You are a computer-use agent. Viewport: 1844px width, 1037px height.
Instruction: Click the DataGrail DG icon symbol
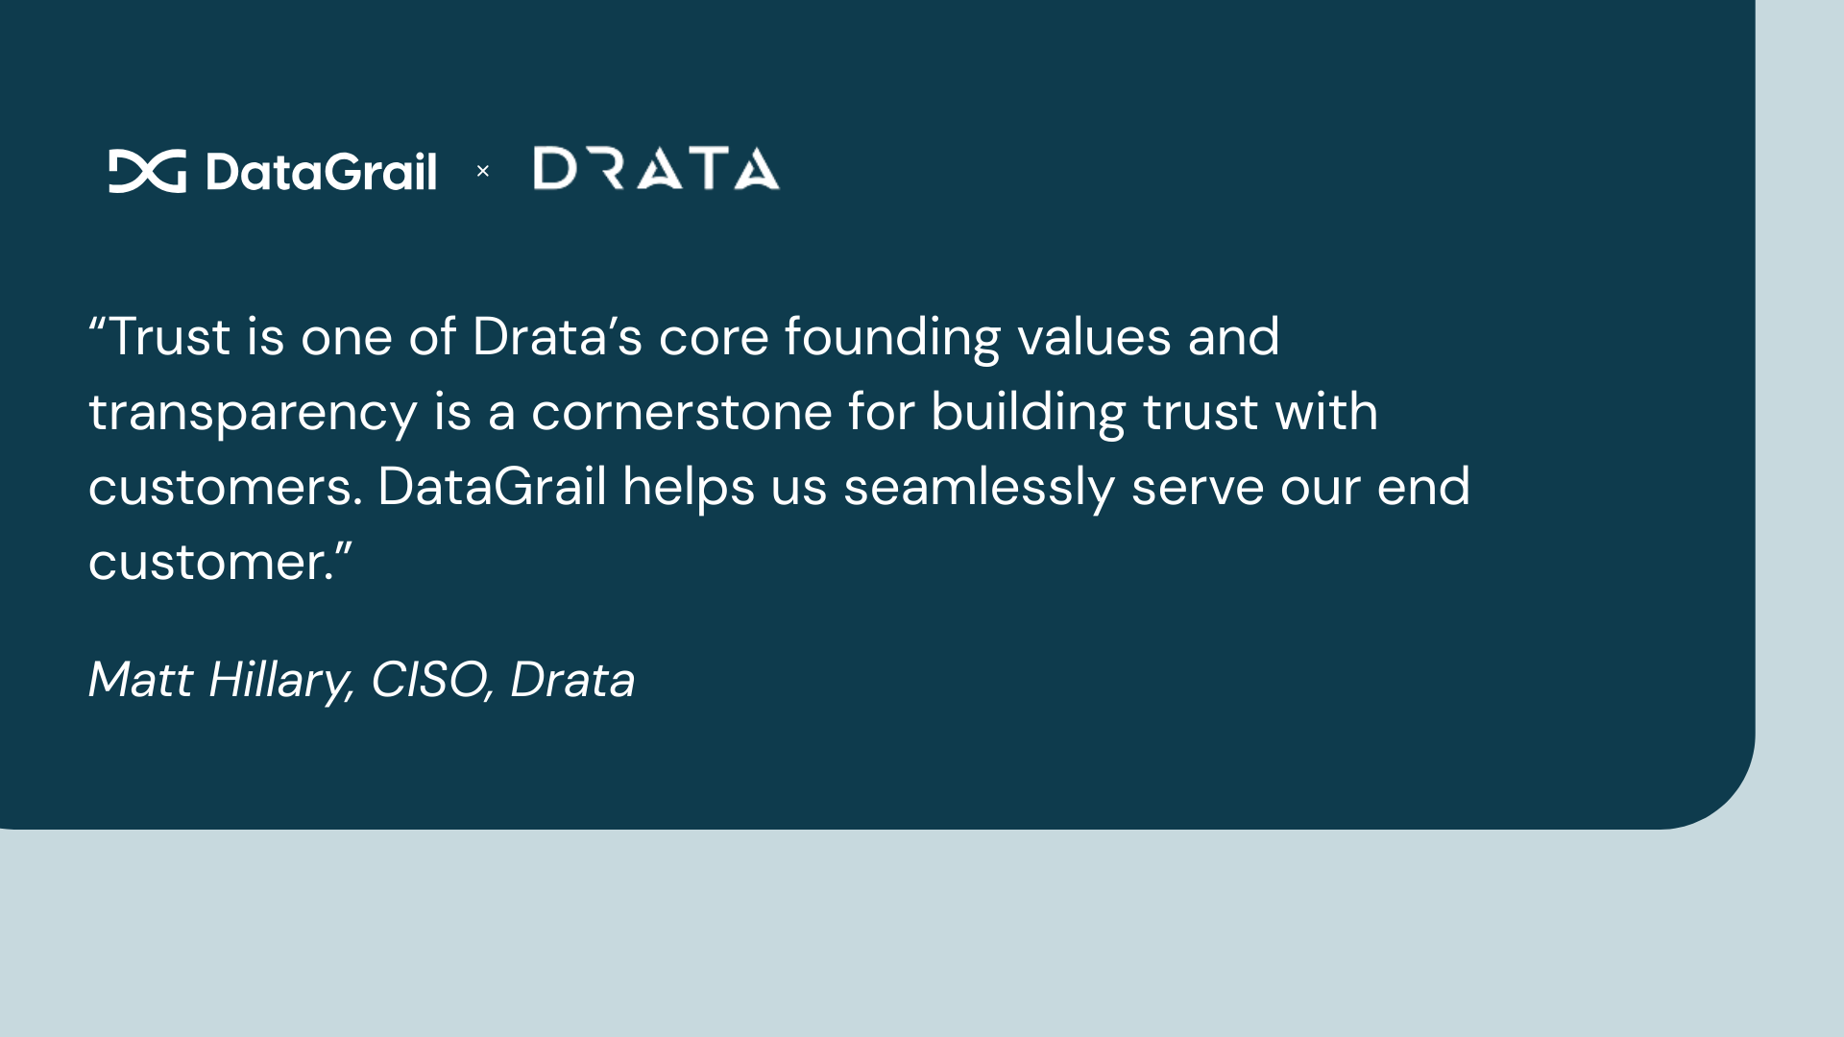pos(147,171)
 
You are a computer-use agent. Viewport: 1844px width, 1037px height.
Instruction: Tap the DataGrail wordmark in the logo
pos(321,172)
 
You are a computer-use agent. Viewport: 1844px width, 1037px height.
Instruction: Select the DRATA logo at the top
pos(656,169)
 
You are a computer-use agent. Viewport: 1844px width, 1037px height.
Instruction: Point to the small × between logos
pos(483,171)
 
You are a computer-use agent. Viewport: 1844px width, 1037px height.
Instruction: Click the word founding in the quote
pos(892,338)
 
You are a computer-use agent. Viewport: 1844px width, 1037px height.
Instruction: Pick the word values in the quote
pos(1094,337)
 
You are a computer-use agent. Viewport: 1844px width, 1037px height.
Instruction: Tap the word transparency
pos(253,413)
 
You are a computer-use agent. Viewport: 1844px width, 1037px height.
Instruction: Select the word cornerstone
pos(681,412)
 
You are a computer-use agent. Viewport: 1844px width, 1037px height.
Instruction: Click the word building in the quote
pos(1028,413)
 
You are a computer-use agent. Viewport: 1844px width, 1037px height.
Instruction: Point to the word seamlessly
pos(979,487)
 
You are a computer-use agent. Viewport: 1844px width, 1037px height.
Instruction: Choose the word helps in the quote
pos(688,487)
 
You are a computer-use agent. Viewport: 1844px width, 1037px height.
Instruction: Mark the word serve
pos(1197,487)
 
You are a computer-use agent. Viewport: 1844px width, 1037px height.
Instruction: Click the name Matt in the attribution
pos(140,680)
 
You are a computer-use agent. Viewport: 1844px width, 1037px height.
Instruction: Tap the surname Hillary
pos(281,681)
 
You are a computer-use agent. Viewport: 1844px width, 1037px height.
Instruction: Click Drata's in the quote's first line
pos(557,337)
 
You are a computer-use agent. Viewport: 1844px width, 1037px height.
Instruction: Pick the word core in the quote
pos(713,337)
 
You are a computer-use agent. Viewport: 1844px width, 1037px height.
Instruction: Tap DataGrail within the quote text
pos(492,487)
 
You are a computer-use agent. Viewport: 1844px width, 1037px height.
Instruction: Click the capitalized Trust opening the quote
pos(169,337)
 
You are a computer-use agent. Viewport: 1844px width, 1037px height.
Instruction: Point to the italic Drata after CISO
pos(572,680)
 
